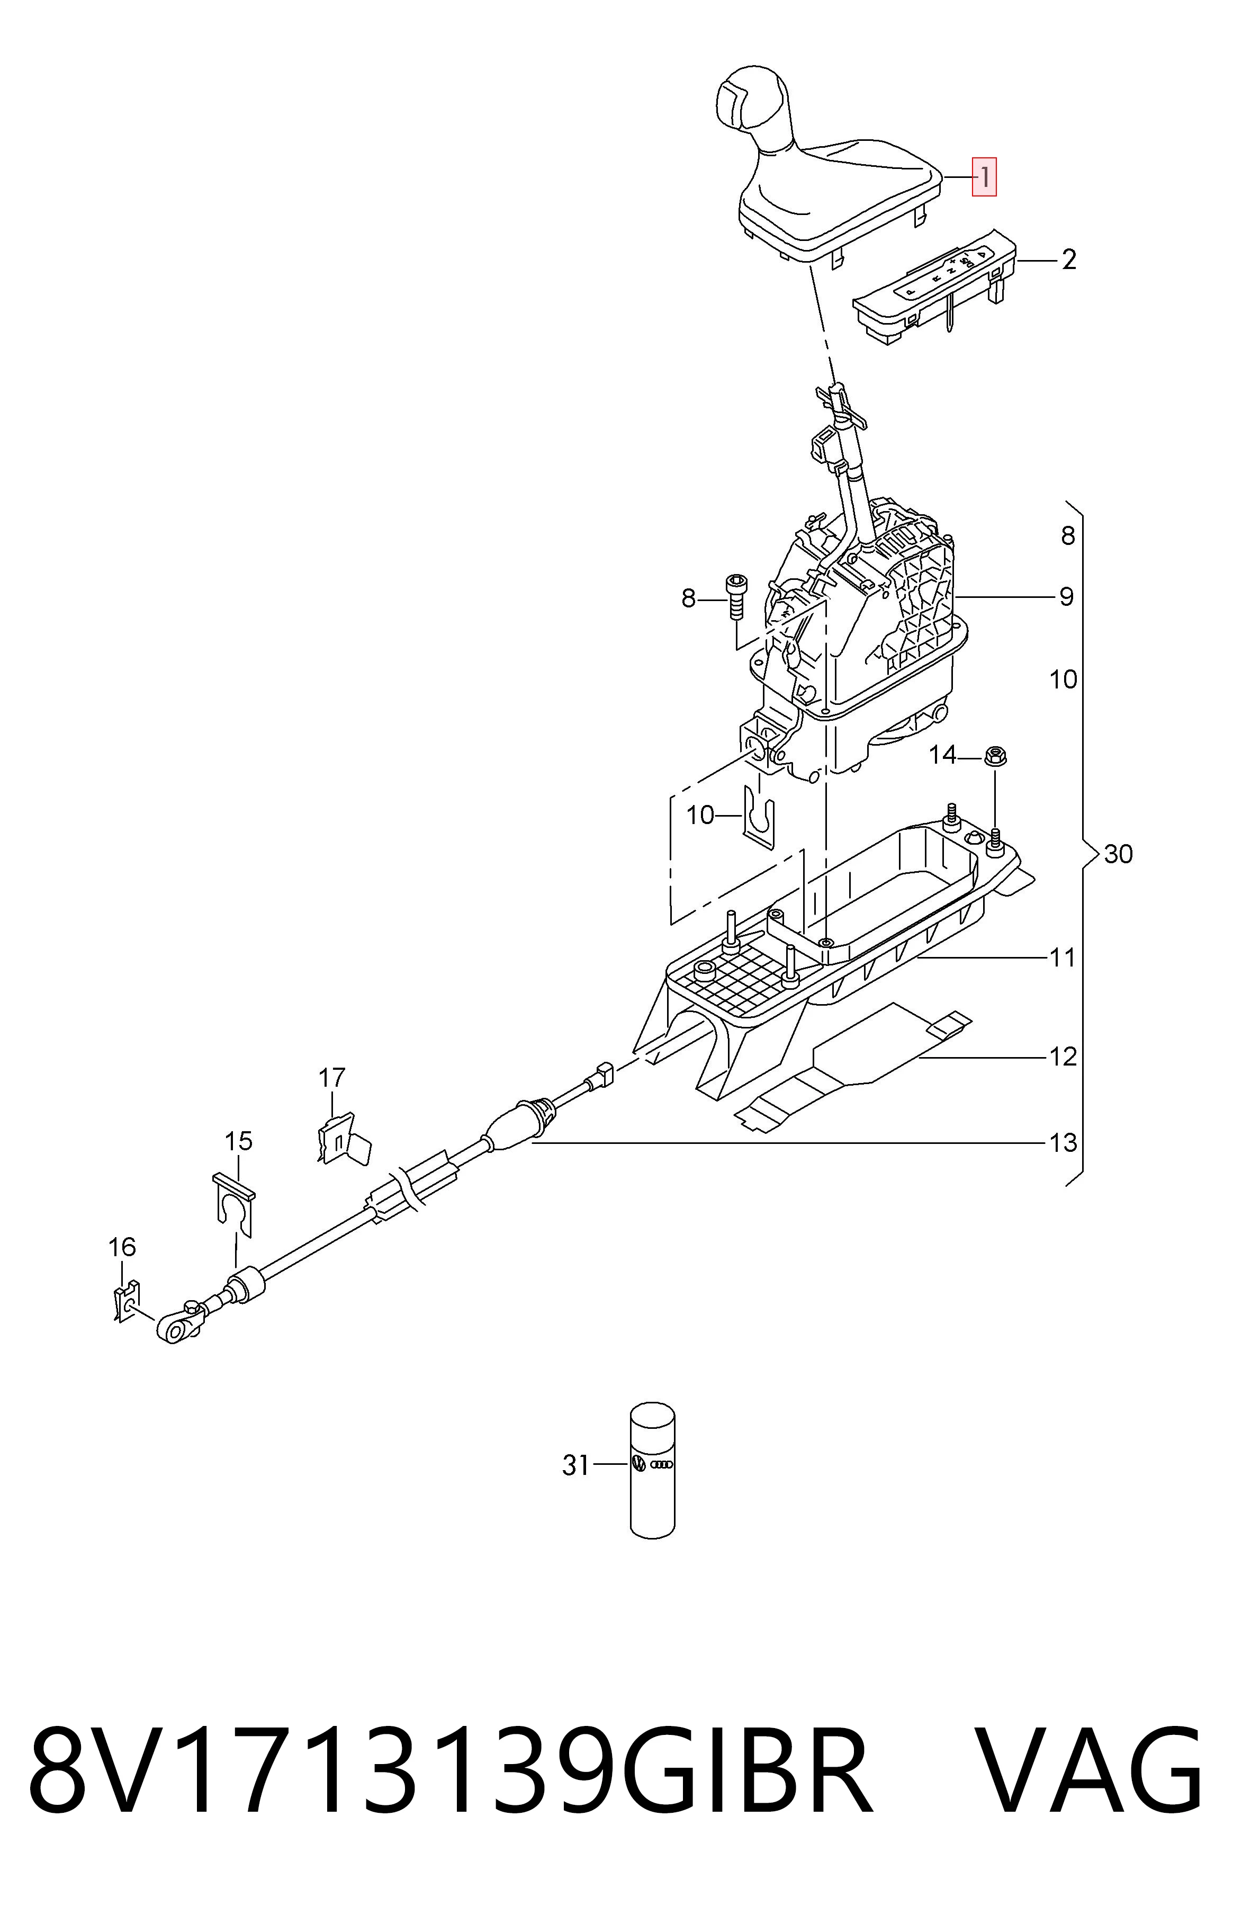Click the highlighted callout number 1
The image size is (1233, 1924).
pyautogui.click(x=984, y=176)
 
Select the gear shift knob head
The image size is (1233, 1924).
pyautogui.click(x=753, y=103)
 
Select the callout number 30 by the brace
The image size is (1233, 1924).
pyautogui.click(x=1119, y=854)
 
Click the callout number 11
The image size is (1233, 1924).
pyautogui.click(x=1063, y=957)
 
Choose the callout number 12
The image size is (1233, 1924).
pyautogui.click(x=1063, y=1057)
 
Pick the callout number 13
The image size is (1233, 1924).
pyautogui.click(x=1063, y=1142)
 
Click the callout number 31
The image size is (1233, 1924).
pyautogui.click(x=575, y=1464)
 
